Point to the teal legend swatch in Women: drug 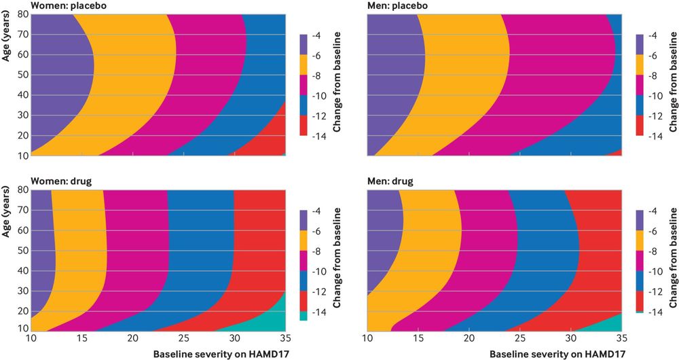click(x=302, y=316)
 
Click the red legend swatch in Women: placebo click(x=302, y=126)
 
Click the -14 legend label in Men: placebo click(x=655, y=137)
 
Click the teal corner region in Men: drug click(x=608, y=324)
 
